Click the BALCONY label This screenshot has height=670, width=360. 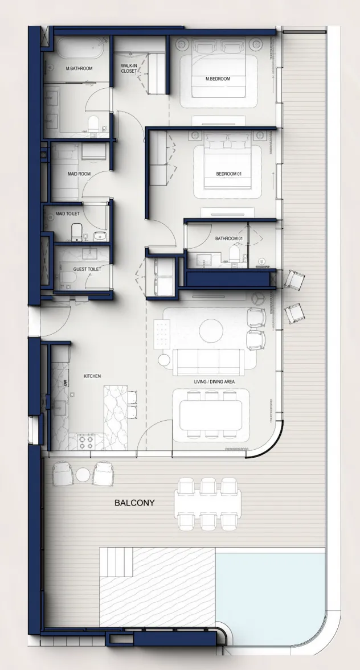134,503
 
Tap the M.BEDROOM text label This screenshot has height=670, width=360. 218,79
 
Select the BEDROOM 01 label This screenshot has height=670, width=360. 229,174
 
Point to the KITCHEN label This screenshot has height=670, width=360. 92,376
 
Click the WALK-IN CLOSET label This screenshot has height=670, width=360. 129,68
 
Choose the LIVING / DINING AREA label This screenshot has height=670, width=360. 214,381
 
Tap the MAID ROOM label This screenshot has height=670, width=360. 79,174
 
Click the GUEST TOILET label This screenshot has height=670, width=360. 87,269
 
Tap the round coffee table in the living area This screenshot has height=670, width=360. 211,330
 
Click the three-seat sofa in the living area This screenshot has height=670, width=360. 208,362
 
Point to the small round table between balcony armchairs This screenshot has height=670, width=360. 83,474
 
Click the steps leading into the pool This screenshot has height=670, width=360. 116,561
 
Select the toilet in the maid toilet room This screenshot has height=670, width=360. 77,232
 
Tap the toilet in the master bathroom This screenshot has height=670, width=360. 93,124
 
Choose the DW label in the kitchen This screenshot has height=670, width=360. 66,383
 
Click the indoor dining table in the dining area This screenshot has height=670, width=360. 211,415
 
